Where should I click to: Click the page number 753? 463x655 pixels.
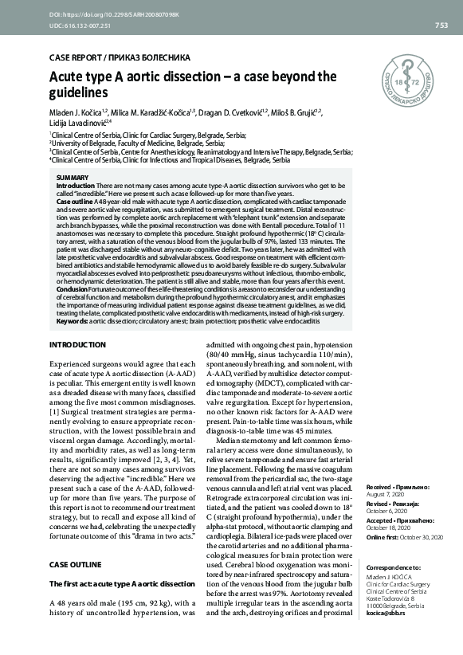(x=441, y=25)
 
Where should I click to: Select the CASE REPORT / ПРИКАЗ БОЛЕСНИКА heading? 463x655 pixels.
(x=120, y=58)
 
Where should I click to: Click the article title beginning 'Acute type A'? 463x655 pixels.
(x=193, y=85)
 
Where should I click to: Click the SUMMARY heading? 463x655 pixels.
(x=73, y=176)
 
